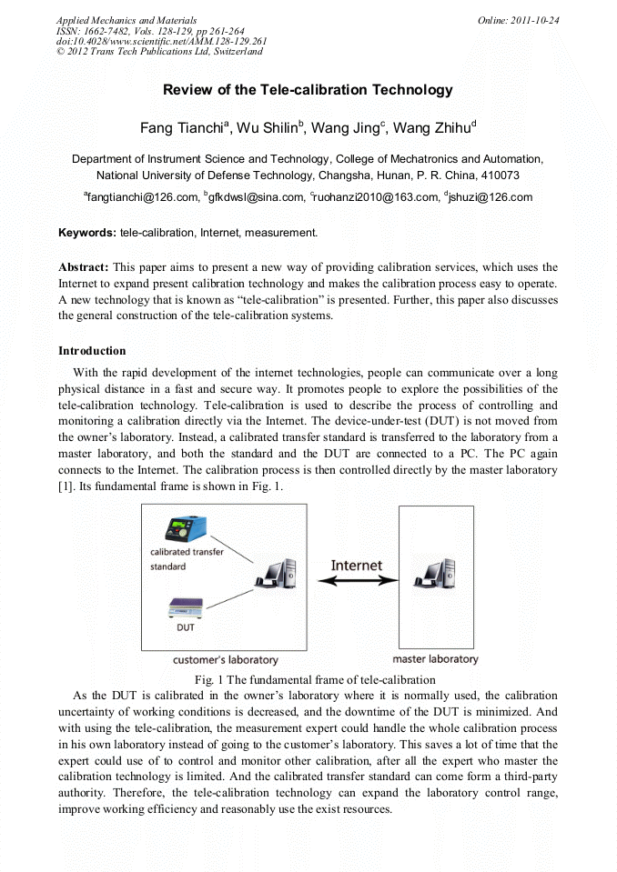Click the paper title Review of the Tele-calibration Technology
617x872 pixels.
pos(308,90)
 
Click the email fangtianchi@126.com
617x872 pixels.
pos(142,196)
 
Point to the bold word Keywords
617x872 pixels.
pos(86,233)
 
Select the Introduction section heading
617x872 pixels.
pos(92,350)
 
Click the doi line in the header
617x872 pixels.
pos(161,41)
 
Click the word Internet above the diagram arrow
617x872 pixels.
pos(356,565)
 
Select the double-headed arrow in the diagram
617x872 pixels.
pos(356,582)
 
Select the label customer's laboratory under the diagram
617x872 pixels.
pos(226,659)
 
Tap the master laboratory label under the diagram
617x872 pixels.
pos(435,658)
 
